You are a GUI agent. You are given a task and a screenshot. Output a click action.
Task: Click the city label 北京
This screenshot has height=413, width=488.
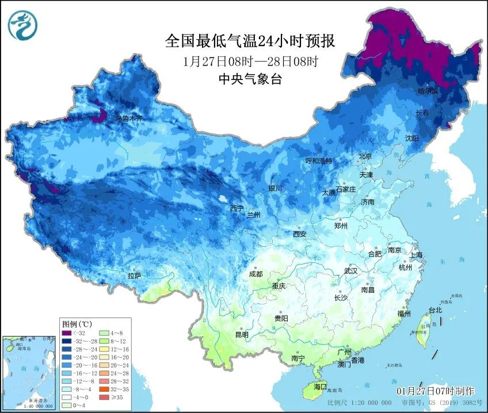coord(365,156)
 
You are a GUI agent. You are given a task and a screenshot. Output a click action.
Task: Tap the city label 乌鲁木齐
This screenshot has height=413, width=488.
coord(128,118)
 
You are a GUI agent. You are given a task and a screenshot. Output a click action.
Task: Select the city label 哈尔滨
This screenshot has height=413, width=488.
coord(428,91)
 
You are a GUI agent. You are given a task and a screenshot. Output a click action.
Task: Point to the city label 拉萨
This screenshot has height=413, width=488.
coord(134,276)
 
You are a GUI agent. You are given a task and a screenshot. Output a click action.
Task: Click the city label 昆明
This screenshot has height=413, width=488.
coord(242,335)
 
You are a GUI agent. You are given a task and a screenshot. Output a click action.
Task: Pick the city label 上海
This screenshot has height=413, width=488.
coord(415,255)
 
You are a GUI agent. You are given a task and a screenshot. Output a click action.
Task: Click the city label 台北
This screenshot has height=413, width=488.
coord(435,310)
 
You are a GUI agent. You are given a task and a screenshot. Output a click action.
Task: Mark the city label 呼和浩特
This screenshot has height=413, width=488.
coord(319,161)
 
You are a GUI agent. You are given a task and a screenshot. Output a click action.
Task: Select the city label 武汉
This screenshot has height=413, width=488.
coord(350,270)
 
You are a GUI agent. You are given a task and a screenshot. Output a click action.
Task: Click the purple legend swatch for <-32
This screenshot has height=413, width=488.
coord(67,333)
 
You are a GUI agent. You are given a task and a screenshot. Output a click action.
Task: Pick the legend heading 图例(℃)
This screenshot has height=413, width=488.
coord(76,324)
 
